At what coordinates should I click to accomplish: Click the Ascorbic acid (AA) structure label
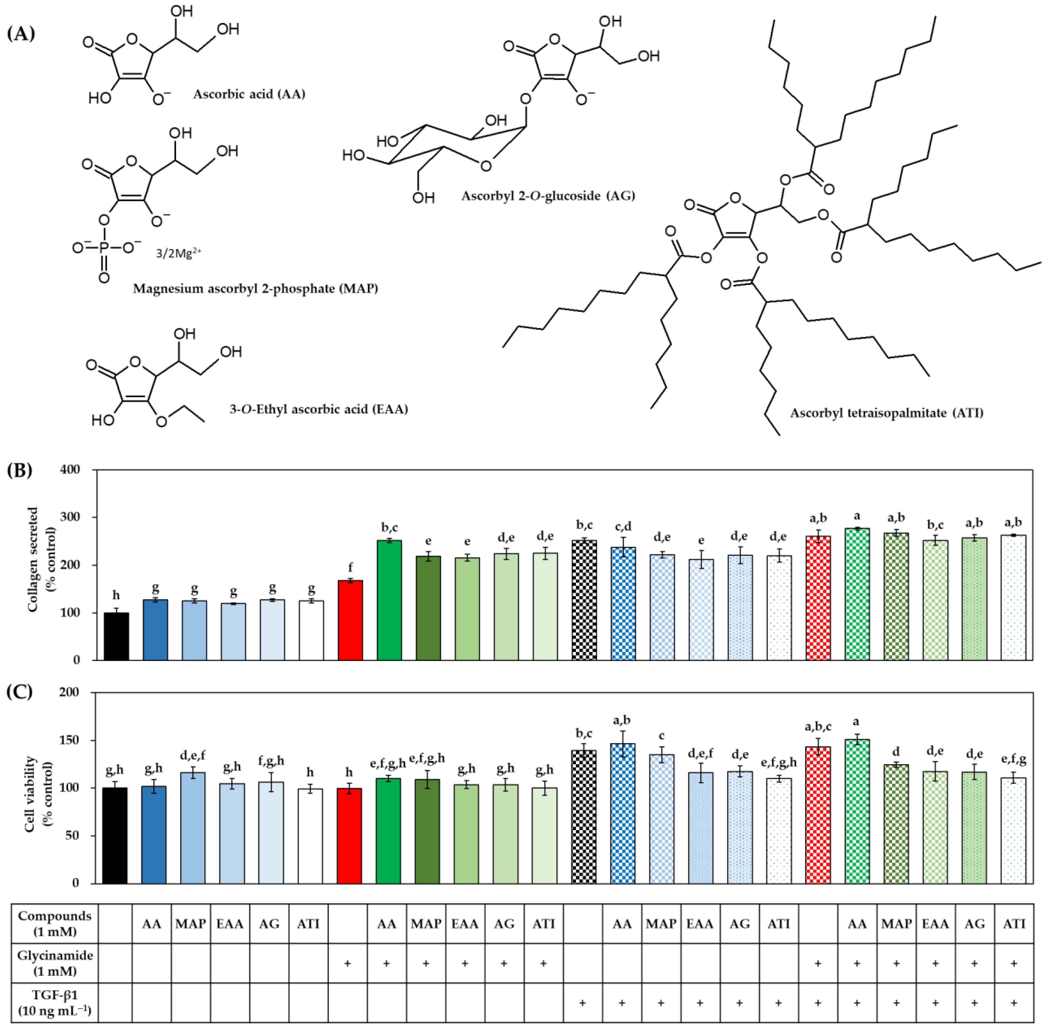(249, 94)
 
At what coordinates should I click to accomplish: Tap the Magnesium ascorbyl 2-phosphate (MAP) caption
(255, 288)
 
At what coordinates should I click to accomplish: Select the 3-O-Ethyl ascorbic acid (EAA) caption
(319, 409)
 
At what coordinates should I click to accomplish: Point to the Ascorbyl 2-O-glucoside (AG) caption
(548, 196)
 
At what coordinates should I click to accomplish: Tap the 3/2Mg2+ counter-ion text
(178, 253)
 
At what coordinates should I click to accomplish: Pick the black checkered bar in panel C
(584, 817)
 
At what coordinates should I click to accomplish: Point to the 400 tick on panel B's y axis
(70, 469)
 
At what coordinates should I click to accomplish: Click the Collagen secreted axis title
(41, 559)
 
